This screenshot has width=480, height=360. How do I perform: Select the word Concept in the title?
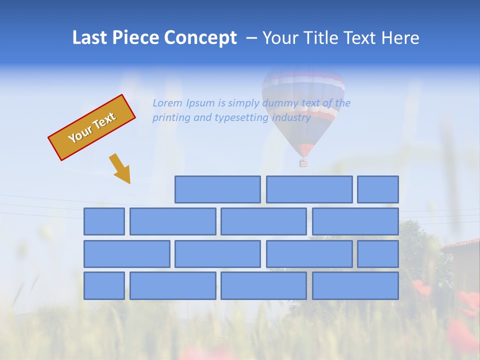(x=200, y=38)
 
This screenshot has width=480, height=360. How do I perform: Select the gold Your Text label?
(x=92, y=127)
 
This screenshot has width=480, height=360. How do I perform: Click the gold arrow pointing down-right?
(x=120, y=168)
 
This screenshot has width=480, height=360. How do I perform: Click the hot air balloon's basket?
(x=303, y=162)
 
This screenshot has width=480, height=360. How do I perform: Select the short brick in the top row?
(x=378, y=189)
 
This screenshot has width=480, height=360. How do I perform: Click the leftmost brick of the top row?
(x=217, y=189)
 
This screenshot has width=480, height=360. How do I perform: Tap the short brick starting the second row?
(x=104, y=221)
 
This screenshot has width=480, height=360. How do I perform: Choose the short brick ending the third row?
(x=378, y=254)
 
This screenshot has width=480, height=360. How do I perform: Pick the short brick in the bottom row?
(x=104, y=286)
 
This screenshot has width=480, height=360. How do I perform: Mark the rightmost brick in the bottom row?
(x=355, y=286)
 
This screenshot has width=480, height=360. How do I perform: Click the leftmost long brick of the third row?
(x=126, y=254)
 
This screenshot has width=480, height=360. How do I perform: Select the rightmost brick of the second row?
(x=355, y=221)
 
